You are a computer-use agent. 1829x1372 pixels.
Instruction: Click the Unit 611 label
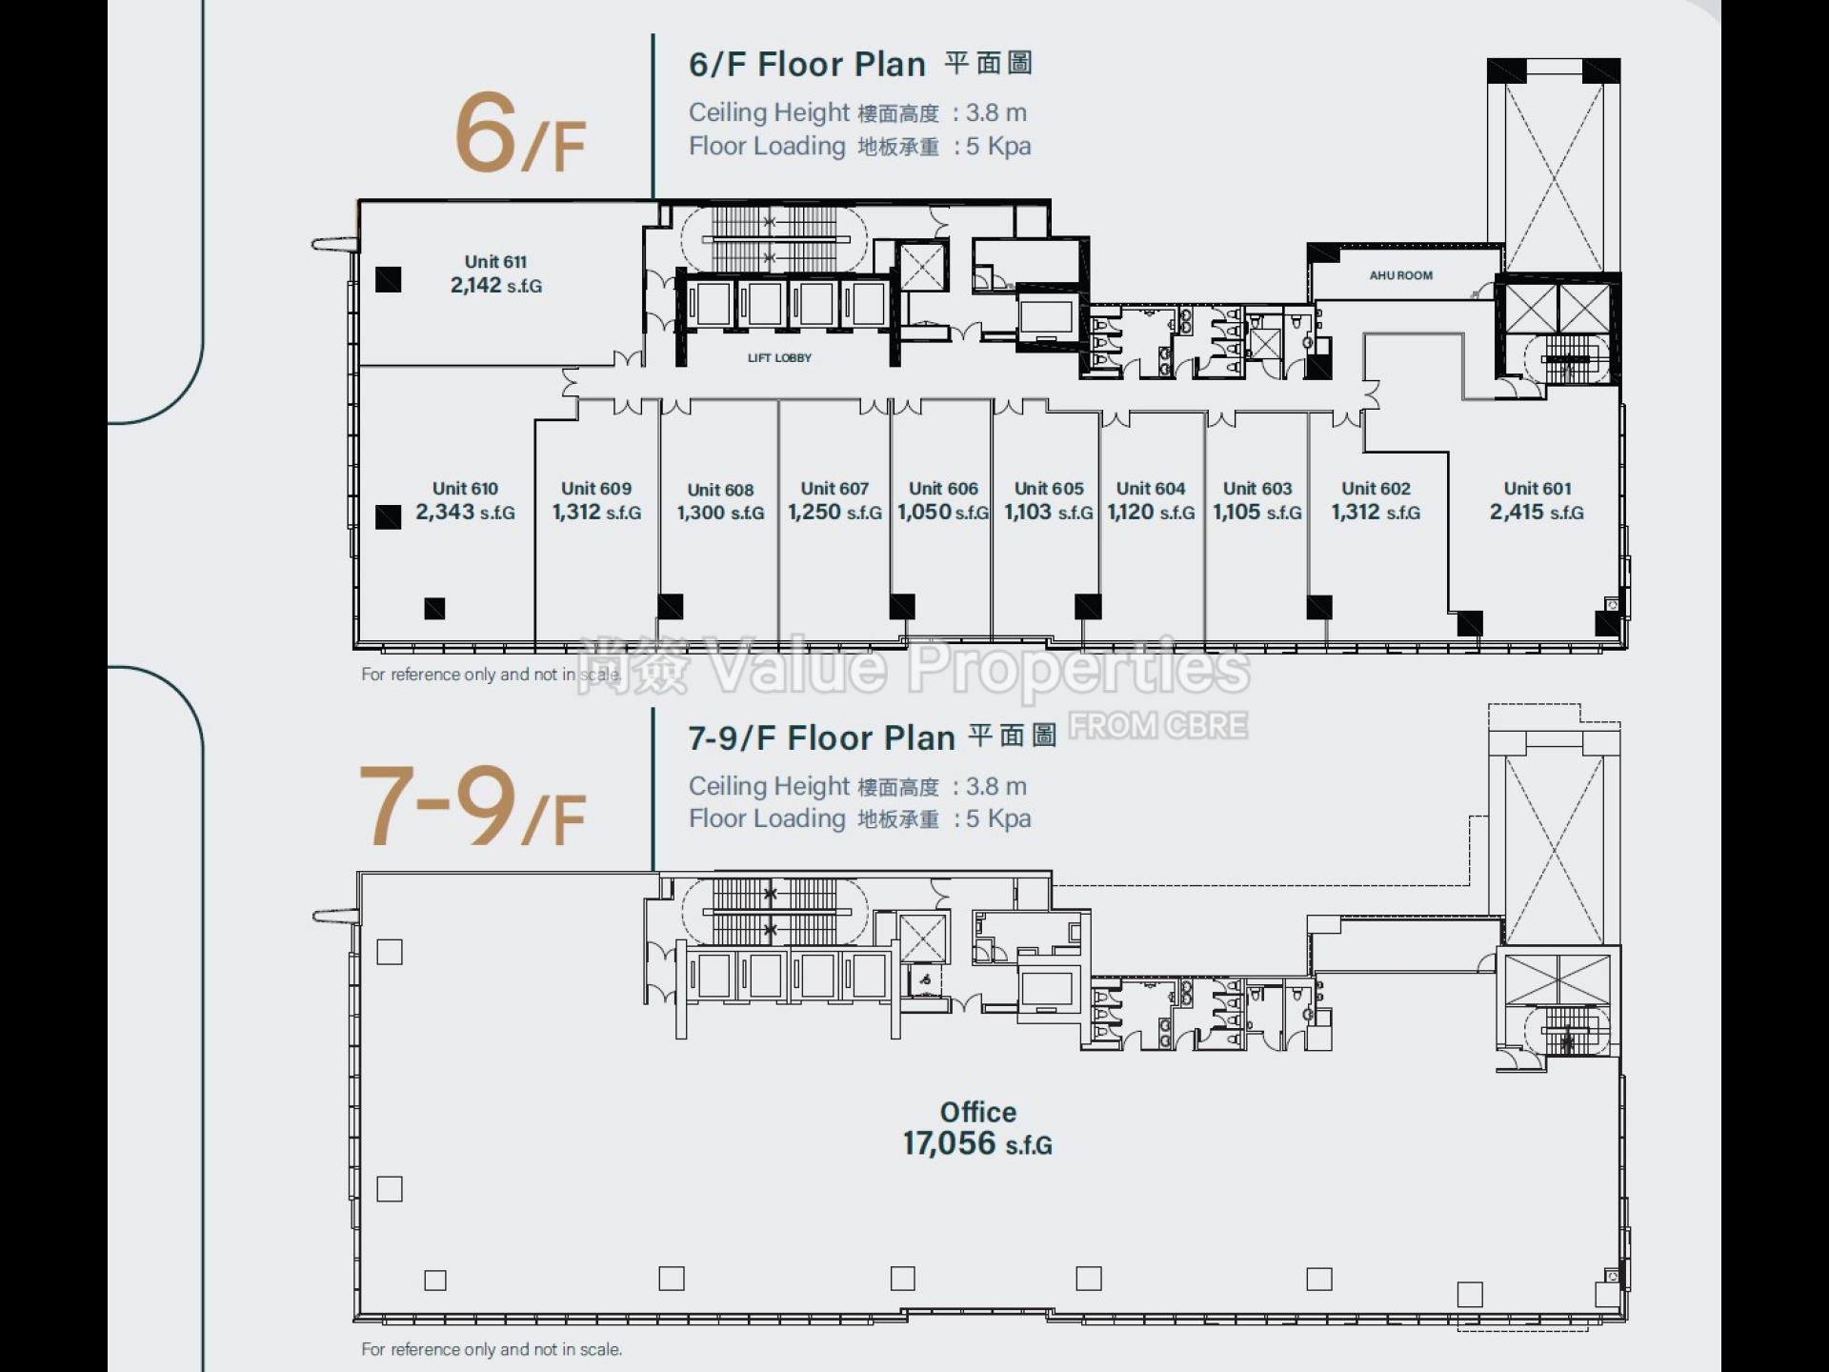pyautogui.click(x=495, y=262)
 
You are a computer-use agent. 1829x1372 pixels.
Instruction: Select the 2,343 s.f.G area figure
pyautogui.click(x=465, y=513)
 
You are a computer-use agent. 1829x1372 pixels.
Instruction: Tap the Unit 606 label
pyautogui.click(x=943, y=489)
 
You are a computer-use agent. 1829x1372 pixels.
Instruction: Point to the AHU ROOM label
pyautogui.click(x=1400, y=275)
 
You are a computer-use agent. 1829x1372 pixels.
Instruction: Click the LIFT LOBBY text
pyautogui.click(x=779, y=358)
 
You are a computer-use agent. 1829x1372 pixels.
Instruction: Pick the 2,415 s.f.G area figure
pyautogui.click(x=1537, y=513)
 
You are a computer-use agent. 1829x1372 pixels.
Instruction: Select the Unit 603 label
pyautogui.click(x=1257, y=489)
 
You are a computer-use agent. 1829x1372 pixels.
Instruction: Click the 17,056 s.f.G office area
pyautogui.click(x=977, y=1143)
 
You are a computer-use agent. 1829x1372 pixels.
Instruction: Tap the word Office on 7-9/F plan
pyautogui.click(x=978, y=1112)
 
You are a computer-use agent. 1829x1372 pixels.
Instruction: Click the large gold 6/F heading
pyautogui.click(x=519, y=134)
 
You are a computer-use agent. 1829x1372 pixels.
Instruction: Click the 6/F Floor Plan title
pyautogui.click(x=807, y=65)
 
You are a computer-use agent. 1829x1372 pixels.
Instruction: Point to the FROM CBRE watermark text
pyautogui.click(x=1157, y=726)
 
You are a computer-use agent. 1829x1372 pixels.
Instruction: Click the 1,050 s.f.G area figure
pyautogui.click(x=943, y=513)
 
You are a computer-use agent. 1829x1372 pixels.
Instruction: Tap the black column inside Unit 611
pyautogui.click(x=388, y=279)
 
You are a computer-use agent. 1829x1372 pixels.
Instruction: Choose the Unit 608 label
pyautogui.click(x=720, y=490)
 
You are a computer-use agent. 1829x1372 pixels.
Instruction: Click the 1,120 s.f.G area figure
pyautogui.click(x=1151, y=513)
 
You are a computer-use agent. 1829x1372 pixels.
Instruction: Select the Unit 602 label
pyautogui.click(x=1376, y=489)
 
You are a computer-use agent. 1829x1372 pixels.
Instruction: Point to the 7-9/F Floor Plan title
pyautogui.click(x=821, y=738)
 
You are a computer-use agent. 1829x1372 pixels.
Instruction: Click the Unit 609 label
pyautogui.click(x=596, y=489)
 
